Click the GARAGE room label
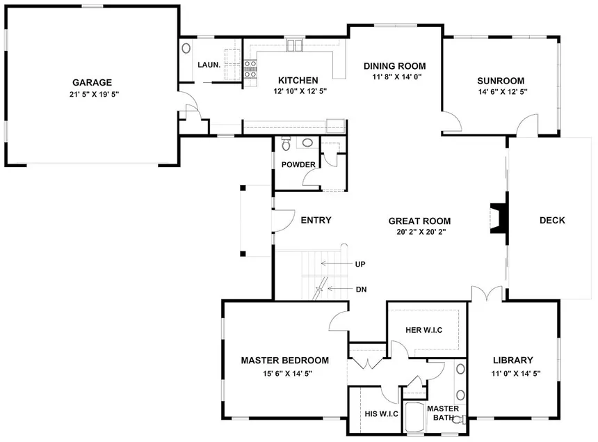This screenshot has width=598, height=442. [x=92, y=82]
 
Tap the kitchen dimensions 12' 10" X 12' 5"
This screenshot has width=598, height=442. [x=300, y=91]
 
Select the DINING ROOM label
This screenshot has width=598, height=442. [x=395, y=66]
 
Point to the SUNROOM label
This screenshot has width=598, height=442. [x=501, y=81]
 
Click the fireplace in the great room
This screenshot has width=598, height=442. [x=499, y=219]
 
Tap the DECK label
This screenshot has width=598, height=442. [x=552, y=220]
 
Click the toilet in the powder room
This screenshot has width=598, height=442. [x=286, y=143]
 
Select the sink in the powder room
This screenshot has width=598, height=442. [x=307, y=143]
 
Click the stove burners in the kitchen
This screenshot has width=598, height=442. [x=250, y=69]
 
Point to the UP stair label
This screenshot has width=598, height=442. [x=360, y=264]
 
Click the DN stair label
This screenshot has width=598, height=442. [x=361, y=290]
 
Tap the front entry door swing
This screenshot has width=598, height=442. [x=284, y=221]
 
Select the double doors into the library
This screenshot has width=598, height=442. [x=487, y=293]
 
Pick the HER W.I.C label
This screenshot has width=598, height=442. [x=423, y=330]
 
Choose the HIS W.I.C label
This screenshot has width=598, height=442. [x=381, y=413]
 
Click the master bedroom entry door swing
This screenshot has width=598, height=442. [x=339, y=321]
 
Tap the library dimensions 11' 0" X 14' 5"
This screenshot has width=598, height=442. [x=516, y=373]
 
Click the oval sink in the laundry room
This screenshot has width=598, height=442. [x=186, y=48]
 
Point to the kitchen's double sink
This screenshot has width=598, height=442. [x=294, y=45]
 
